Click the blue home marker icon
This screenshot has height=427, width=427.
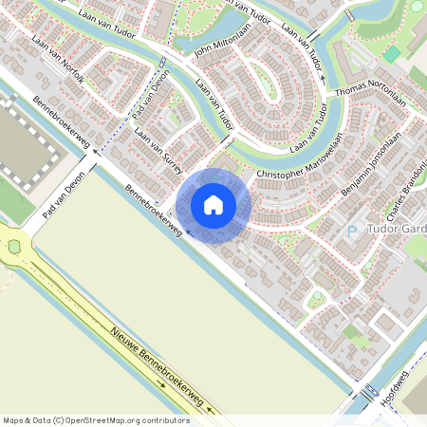click(213, 205)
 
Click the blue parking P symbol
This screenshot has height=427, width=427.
click(352, 231)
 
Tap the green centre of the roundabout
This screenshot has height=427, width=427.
click(13, 247)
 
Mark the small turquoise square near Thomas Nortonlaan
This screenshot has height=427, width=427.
click(391, 54)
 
